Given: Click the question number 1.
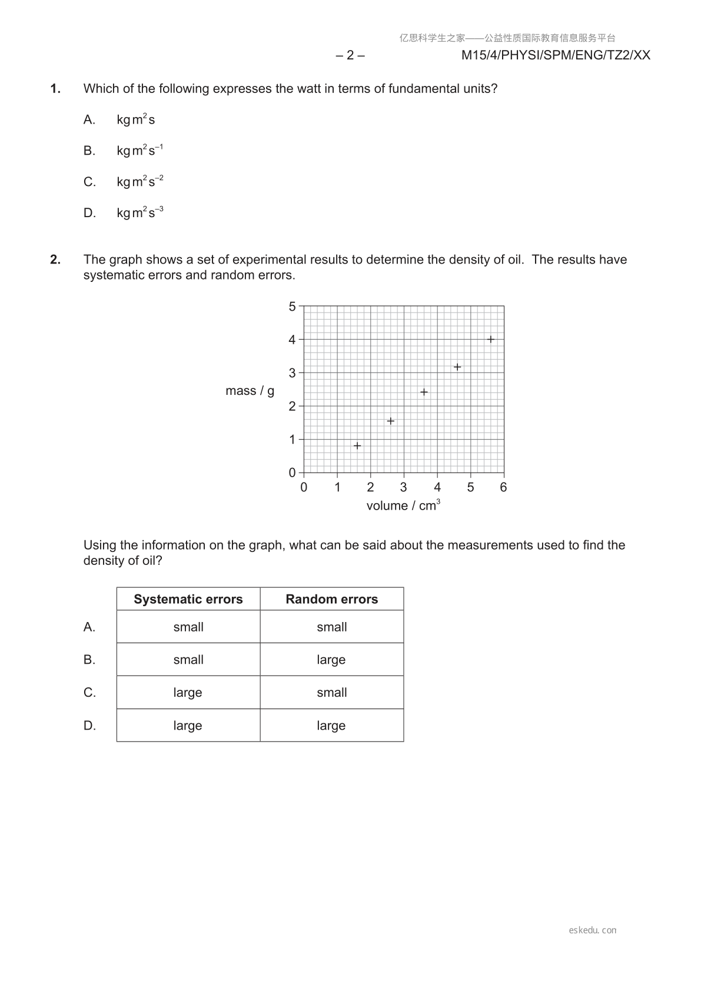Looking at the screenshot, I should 55,89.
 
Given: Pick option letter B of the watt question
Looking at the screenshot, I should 89,151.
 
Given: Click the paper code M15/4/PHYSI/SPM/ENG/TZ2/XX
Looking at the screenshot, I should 556,55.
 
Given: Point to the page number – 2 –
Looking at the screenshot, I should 350,55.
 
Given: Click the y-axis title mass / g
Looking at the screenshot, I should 250,391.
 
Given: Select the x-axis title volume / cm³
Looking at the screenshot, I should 403,506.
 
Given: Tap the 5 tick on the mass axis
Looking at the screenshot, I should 292,306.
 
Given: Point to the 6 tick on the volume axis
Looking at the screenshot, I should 503,487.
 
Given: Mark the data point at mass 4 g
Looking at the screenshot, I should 490,339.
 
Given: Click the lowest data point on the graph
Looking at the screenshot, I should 357,445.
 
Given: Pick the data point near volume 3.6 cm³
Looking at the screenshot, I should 424,392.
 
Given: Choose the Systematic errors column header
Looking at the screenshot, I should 188,599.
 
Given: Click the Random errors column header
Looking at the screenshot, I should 332,599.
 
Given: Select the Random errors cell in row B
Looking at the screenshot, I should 331,660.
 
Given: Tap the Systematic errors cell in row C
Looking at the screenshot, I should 188,693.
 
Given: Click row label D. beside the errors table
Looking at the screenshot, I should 89,726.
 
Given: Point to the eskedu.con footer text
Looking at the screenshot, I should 593,930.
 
